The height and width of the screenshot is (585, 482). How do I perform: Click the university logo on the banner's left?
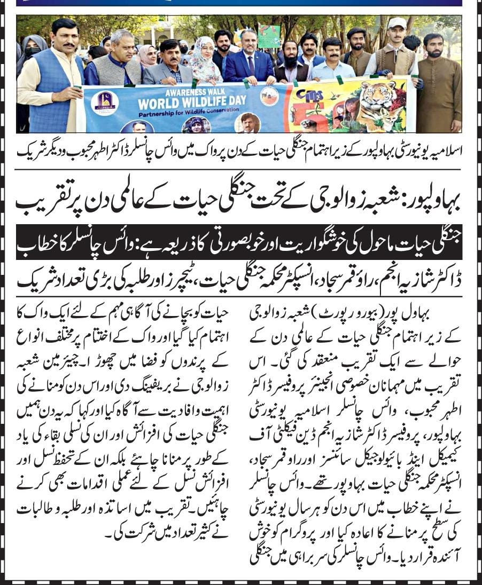pos(105,101)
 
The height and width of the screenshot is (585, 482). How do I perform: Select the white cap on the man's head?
pos(397,23)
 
